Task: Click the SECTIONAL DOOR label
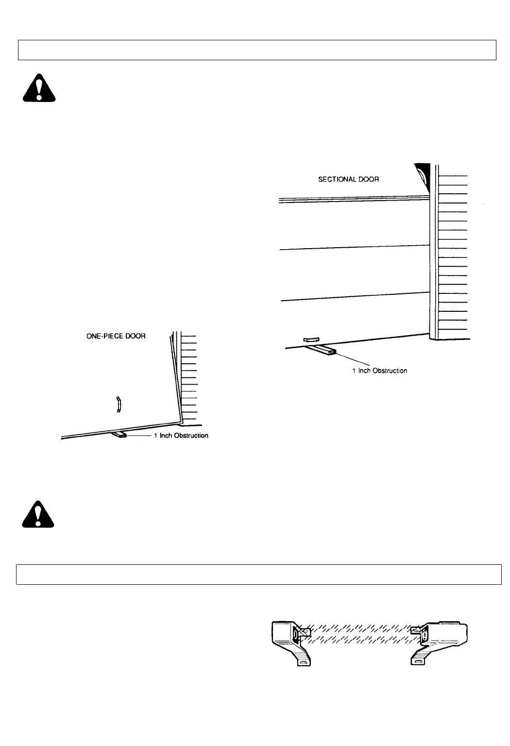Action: point(348,179)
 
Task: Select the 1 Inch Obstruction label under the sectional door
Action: point(379,371)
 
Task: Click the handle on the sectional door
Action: point(309,339)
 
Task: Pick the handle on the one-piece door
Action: point(118,404)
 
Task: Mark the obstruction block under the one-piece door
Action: point(120,435)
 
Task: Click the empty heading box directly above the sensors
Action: point(258,574)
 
